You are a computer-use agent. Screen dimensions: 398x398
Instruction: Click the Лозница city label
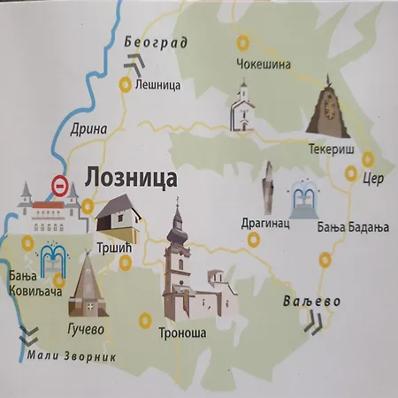[130, 178]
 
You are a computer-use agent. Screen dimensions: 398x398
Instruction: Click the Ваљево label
[312, 302]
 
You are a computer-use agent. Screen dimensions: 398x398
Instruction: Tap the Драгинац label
[264, 225]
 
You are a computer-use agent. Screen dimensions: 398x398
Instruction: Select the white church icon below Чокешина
[241, 106]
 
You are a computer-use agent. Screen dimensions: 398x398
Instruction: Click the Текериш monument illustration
[329, 108]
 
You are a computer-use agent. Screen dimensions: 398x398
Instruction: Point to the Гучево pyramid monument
[88, 286]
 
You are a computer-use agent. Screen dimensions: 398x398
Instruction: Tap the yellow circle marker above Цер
[370, 159]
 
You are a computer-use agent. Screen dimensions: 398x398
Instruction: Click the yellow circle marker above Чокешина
[241, 41]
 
